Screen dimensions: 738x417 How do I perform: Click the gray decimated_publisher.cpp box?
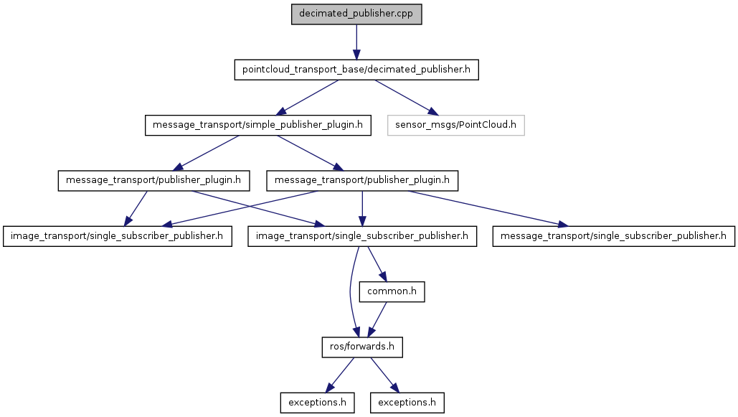[x=356, y=14]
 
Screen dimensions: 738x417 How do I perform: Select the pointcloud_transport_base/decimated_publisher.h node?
[x=356, y=70]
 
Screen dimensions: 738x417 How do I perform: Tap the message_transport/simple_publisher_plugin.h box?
[x=258, y=126]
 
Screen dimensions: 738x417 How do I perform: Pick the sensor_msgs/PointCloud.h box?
[x=455, y=126]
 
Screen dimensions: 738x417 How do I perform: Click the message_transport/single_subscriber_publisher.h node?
[x=614, y=236]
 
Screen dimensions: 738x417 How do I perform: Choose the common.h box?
[x=392, y=291]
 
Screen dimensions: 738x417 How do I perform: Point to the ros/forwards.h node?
[x=362, y=347]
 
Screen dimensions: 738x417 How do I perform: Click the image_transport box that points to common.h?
[x=362, y=236]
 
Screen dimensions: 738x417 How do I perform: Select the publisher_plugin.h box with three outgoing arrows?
[x=362, y=180]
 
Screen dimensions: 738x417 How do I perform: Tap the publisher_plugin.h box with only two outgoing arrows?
[x=153, y=180]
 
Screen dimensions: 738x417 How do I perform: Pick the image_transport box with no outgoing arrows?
[x=117, y=236]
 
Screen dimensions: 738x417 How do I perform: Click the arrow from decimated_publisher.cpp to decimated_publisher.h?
[x=356, y=42]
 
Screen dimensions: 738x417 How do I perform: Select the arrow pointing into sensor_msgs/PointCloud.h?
[x=407, y=98]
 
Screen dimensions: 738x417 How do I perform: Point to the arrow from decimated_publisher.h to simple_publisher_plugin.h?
[x=307, y=98]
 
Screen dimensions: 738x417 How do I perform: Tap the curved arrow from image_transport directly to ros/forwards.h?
[x=350, y=292]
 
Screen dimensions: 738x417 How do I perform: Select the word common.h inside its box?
[x=392, y=291]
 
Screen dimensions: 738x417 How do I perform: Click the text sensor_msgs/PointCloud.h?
[x=455, y=126]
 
